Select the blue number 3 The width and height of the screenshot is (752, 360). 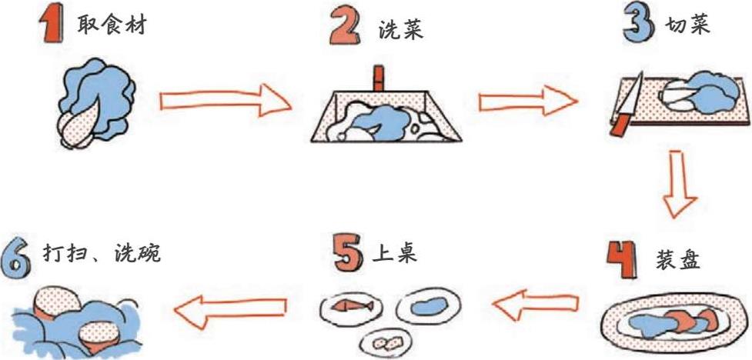pos(640,26)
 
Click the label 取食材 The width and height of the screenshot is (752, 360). pos(111,25)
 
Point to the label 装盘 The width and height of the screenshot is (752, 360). pos(678,260)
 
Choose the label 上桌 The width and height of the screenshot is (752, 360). pos(395,253)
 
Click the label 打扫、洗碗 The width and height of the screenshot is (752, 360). pos(95,254)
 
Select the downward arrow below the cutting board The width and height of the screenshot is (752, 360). pos(680,184)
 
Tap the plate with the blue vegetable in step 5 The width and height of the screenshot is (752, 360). pos(429,305)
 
